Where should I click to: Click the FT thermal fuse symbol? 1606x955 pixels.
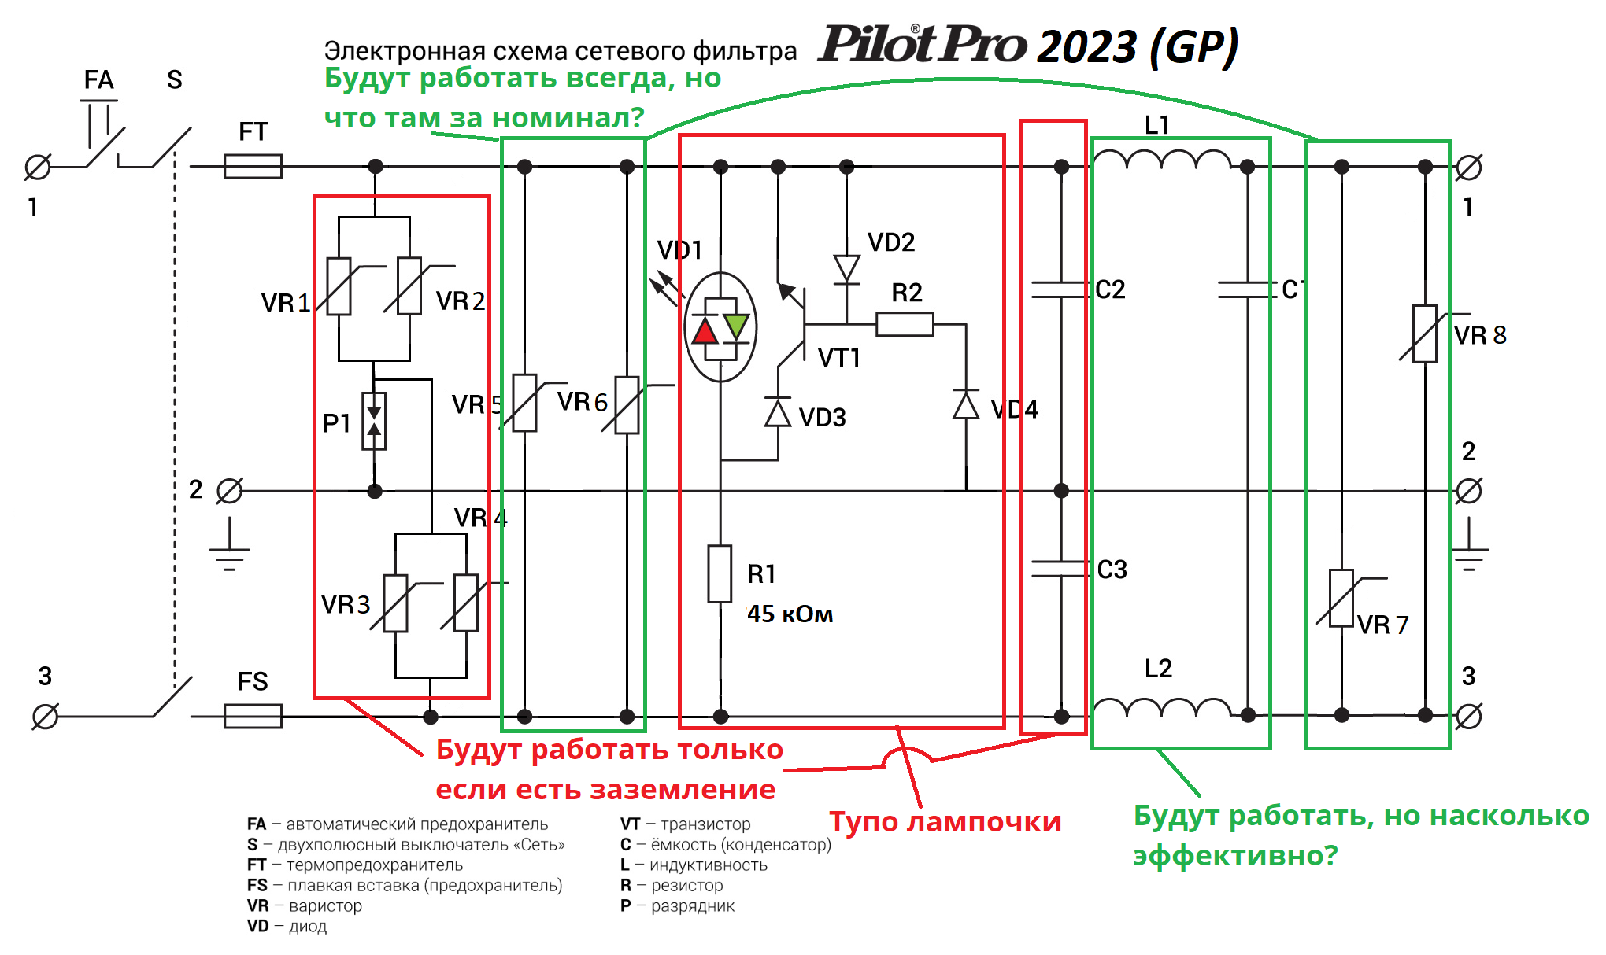pos(253,166)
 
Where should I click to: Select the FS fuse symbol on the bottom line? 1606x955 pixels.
pos(253,716)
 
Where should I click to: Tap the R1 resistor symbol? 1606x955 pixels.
pos(720,573)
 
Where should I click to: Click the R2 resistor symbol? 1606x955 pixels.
pos(905,324)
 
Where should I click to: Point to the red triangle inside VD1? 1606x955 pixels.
pos(705,330)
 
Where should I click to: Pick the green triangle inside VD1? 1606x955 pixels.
pos(736,326)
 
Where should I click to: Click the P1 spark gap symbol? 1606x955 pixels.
pos(374,421)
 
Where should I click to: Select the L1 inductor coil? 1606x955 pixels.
pos(1163,159)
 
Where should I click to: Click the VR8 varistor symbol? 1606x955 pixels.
pos(1425,334)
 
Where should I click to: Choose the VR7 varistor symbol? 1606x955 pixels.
pos(1341,598)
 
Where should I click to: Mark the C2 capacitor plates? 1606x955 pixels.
pos(1061,289)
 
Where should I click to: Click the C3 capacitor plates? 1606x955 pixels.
pos(1061,569)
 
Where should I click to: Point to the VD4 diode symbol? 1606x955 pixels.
pos(966,404)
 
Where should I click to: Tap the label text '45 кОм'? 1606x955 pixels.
pos(790,614)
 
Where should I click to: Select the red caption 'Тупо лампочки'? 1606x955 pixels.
pos(945,821)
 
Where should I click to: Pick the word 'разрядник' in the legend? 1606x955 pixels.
pos(693,905)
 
